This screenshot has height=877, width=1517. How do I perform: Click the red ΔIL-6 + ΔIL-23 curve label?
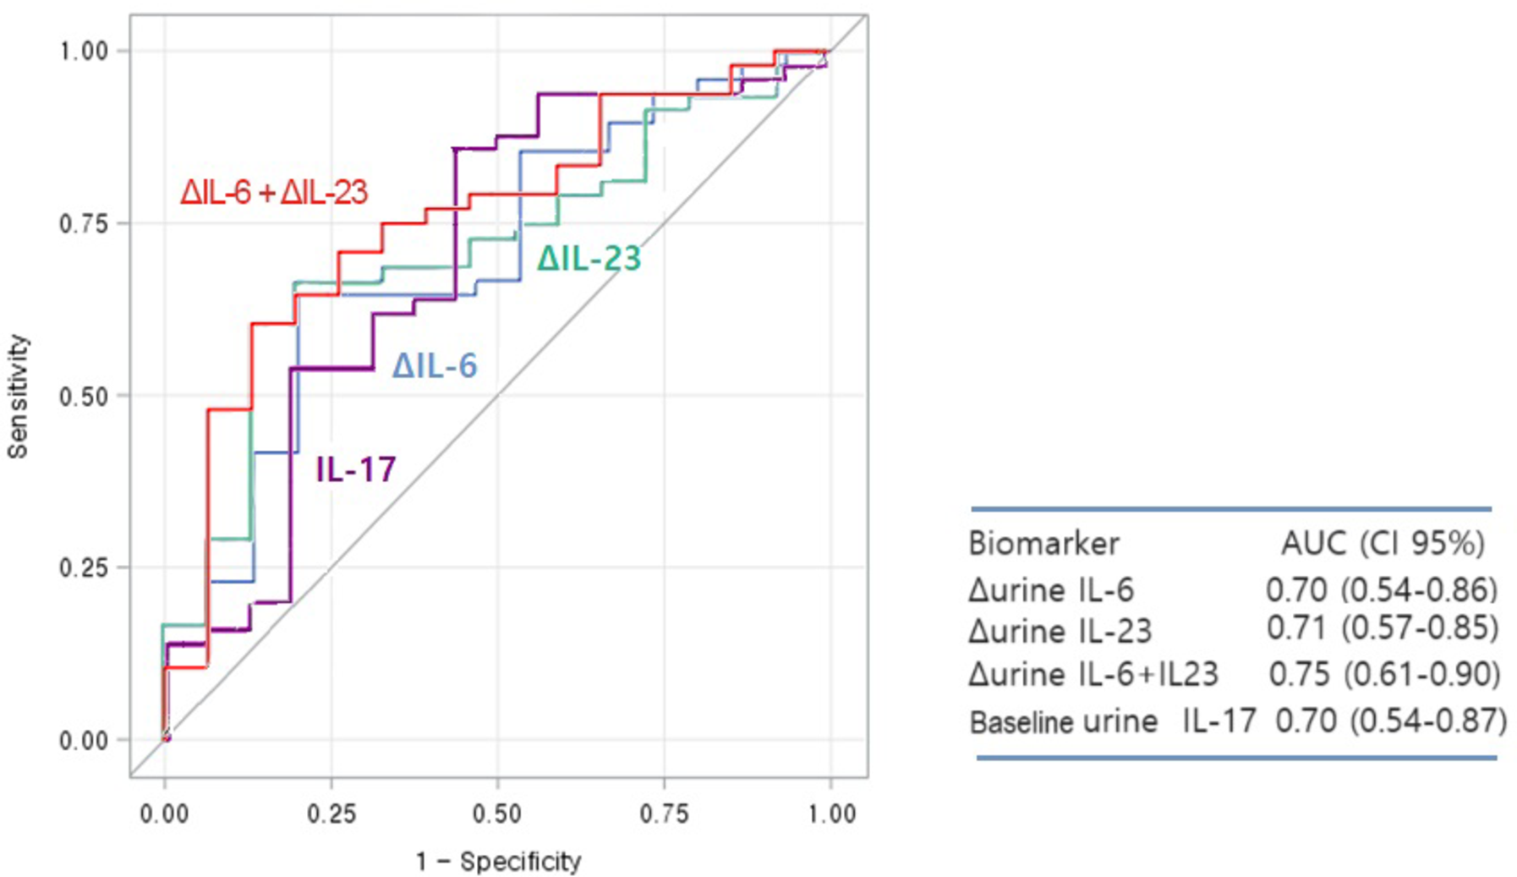[274, 193]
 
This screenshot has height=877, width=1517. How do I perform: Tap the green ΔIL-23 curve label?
[589, 258]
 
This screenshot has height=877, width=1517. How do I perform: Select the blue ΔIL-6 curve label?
[435, 365]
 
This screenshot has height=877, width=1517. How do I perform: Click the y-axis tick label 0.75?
[83, 224]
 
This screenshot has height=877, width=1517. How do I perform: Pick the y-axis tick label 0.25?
[83, 567]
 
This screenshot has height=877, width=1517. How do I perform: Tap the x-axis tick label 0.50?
[497, 814]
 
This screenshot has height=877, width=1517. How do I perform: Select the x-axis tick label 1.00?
[831, 814]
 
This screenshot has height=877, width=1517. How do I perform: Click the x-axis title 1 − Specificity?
[498, 862]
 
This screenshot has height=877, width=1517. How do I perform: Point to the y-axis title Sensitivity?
[18, 396]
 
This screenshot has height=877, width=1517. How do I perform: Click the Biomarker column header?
[1043, 543]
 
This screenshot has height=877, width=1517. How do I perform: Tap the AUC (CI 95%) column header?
[1383, 543]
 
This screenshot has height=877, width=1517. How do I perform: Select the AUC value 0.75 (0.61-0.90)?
[1384, 674]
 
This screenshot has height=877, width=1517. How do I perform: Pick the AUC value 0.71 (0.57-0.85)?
[1382, 628]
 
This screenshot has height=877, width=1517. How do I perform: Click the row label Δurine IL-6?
[1051, 589]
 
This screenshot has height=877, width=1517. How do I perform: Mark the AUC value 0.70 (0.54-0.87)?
[1390, 721]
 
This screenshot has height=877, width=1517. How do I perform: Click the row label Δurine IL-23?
[1060, 631]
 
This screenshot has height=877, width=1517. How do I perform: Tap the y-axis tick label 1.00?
[83, 52]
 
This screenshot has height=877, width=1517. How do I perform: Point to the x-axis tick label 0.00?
[164, 814]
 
